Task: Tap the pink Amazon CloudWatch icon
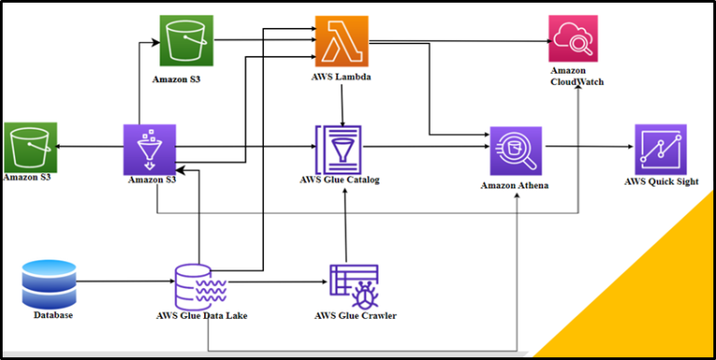coord(573,39)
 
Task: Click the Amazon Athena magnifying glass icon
coord(516,150)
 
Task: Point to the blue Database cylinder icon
coord(48,284)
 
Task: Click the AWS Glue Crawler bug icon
coord(353,285)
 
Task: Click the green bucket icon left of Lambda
coord(186,41)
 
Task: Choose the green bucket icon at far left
coord(30,147)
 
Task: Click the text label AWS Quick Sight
coord(661,182)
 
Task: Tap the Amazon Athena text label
coord(515,186)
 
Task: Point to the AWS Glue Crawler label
coord(355,316)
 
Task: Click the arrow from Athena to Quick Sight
coord(587,147)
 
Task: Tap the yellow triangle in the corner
coord(653,298)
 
